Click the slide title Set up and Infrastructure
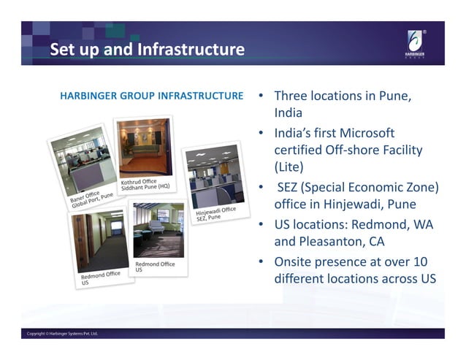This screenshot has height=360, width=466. pos(147,50)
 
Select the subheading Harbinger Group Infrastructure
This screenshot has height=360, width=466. pos(151,96)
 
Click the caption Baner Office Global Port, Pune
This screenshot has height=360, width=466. pos(91,199)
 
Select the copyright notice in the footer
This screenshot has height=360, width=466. pos(62,334)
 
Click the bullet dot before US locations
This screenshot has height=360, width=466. pos(260,224)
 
